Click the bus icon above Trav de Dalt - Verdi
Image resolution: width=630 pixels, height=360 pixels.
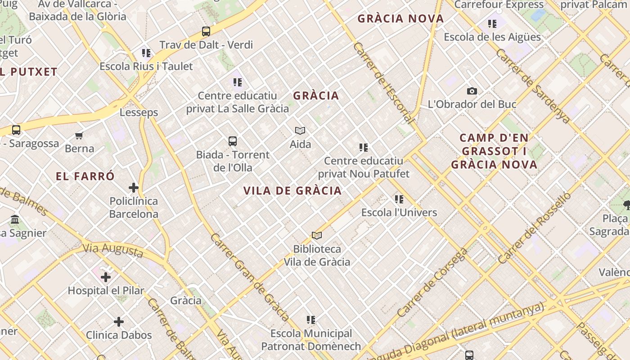(x=206, y=31)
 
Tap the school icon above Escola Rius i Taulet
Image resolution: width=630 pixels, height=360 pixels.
(x=146, y=53)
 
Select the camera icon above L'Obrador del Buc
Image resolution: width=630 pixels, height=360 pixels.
(x=472, y=91)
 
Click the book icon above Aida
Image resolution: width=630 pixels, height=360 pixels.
(x=300, y=131)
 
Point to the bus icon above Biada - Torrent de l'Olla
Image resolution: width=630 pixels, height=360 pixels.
(x=233, y=141)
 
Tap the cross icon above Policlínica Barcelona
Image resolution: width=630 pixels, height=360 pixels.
(x=134, y=188)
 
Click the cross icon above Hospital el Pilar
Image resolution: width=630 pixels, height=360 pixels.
(x=106, y=277)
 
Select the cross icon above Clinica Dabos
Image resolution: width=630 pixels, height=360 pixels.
(x=119, y=322)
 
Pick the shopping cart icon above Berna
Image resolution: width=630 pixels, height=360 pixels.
(x=79, y=135)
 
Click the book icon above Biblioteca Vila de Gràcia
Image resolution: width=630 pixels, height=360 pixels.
(x=317, y=235)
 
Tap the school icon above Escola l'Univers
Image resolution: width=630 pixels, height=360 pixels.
(x=399, y=199)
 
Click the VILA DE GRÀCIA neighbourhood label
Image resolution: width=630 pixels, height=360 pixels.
(x=292, y=191)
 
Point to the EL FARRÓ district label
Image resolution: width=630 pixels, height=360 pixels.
(x=85, y=176)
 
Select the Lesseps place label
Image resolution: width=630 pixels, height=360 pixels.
(x=139, y=112)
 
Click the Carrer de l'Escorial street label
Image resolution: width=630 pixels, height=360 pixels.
(x=383, y=83)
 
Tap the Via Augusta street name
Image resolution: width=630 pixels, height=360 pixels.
(x=112, y=250)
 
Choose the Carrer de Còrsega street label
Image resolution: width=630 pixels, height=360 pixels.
(x=432, y=282)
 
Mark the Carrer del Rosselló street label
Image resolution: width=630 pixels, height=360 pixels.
(x=535, y=228)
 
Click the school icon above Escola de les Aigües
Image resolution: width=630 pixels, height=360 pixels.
(x=492, y=23)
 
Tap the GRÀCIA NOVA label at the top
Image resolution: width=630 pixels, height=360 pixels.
(x=400, y=19)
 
